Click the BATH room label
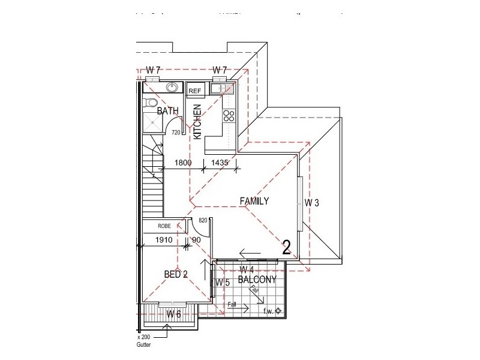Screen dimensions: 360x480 pyautogui.click(x=167, y=111)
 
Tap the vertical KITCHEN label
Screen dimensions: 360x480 pyautogui.click(x=197, y=122)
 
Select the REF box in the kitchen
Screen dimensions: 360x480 pyautogui.click(x=196, y=91)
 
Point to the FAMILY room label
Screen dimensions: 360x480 pyautogui.click(x=254, y=202)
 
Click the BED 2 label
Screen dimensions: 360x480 pyautogui.click(x=176, y=274)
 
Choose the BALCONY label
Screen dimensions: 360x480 pyautogui.click(x=256, y=280)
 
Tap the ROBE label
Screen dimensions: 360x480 pyautogui.click(x=164, y=226)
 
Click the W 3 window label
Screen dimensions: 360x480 pyautogui.click(x=311, y=203)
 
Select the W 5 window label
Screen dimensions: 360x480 pyautogui.click(x=223, y=282)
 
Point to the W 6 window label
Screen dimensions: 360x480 pyautogui.click(x=173, y=314)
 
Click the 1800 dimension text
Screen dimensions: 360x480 pyautogui.click(x=183, y=162)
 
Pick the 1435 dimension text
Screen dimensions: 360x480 pyautogui.click(x=220, y=162)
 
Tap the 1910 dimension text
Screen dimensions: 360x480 pyautogui.click(x=164, y=240)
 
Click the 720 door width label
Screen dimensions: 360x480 pyautogui.click(x=176, y=132)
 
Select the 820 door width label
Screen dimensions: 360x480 pyautogui.click(x=203, y=221)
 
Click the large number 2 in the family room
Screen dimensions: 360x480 pyautogui.click(x=286, y=247)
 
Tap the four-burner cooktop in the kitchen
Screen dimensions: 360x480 pyautogui.click(x=229, y=115)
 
